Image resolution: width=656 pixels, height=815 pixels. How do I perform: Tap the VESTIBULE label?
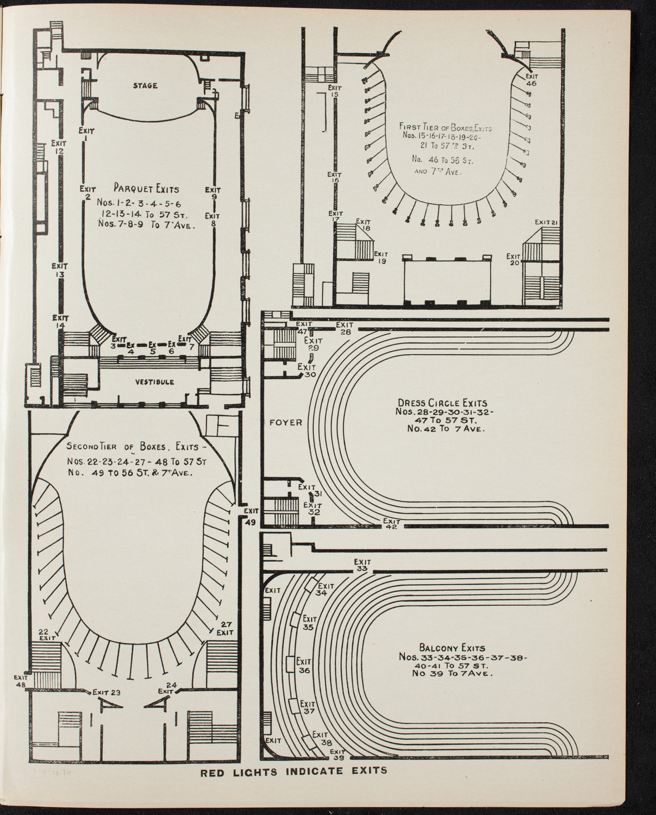point(155,381)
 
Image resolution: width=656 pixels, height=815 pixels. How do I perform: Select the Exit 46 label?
point(531,80)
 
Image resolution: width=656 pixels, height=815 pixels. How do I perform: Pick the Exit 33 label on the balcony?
point(362,565)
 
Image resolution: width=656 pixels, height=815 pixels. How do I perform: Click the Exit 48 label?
point(22,681)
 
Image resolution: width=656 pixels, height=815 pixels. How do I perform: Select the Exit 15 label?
point(334,90)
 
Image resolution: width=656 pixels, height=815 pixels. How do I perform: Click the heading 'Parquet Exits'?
point(146,189)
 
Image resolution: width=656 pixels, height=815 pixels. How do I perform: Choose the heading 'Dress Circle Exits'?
point(442,403)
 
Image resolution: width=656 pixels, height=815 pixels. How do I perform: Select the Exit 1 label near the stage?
point(86,134)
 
